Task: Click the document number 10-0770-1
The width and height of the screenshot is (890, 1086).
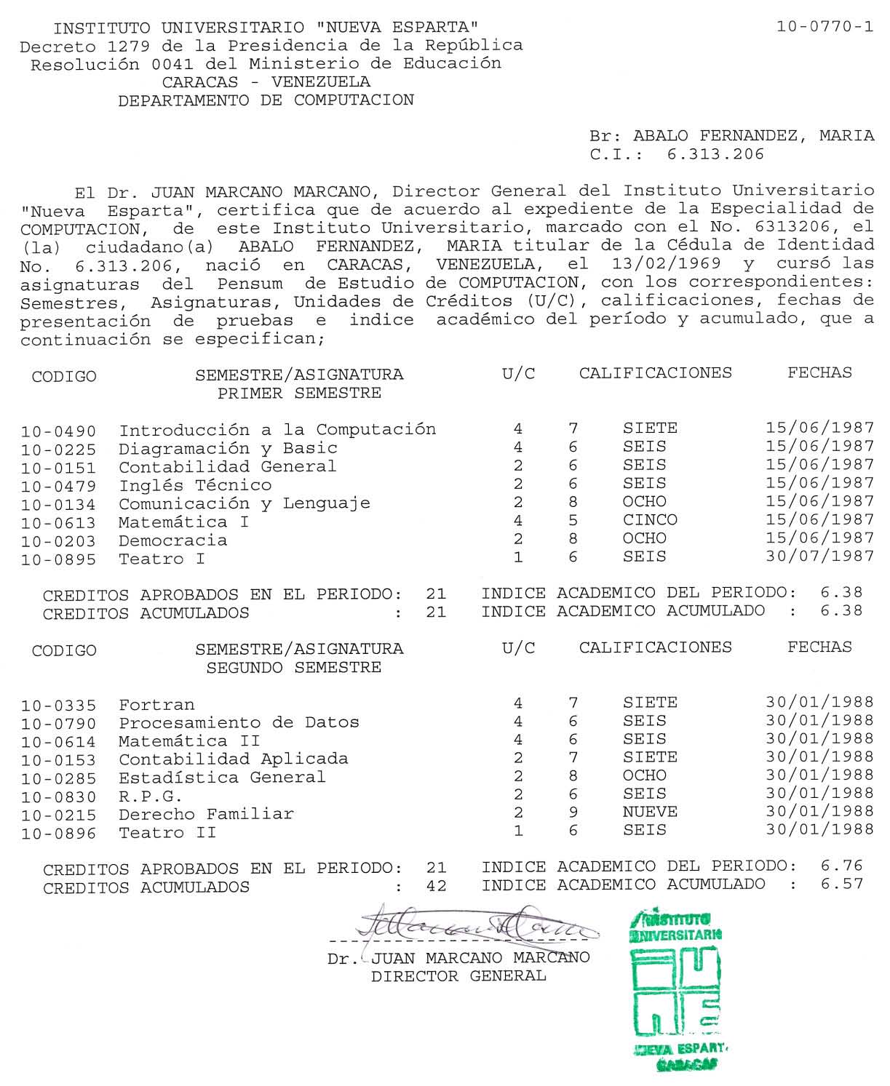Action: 825,28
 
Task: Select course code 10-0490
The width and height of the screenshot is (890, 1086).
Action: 58,431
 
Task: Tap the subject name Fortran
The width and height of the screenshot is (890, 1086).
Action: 156,705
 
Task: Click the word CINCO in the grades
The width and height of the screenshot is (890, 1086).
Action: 649,520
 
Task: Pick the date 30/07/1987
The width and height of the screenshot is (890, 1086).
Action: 819,556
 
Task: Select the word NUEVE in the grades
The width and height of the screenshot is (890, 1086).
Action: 649,812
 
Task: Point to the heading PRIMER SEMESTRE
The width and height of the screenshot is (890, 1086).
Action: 299,394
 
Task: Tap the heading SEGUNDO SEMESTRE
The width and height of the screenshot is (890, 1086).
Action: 293,668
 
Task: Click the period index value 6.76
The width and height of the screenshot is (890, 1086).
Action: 841,866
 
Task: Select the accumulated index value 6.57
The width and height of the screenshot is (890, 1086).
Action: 841,884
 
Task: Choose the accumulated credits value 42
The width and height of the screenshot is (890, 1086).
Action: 436,887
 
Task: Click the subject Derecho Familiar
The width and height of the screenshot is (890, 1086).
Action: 206,814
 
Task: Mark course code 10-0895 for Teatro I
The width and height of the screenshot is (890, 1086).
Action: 58,559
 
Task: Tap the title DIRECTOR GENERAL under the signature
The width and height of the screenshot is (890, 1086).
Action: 458,976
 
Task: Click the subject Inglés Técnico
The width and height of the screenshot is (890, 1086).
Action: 195,485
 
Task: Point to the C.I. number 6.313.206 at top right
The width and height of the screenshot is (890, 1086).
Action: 715,154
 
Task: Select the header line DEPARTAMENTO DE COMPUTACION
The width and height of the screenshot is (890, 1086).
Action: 266,100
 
